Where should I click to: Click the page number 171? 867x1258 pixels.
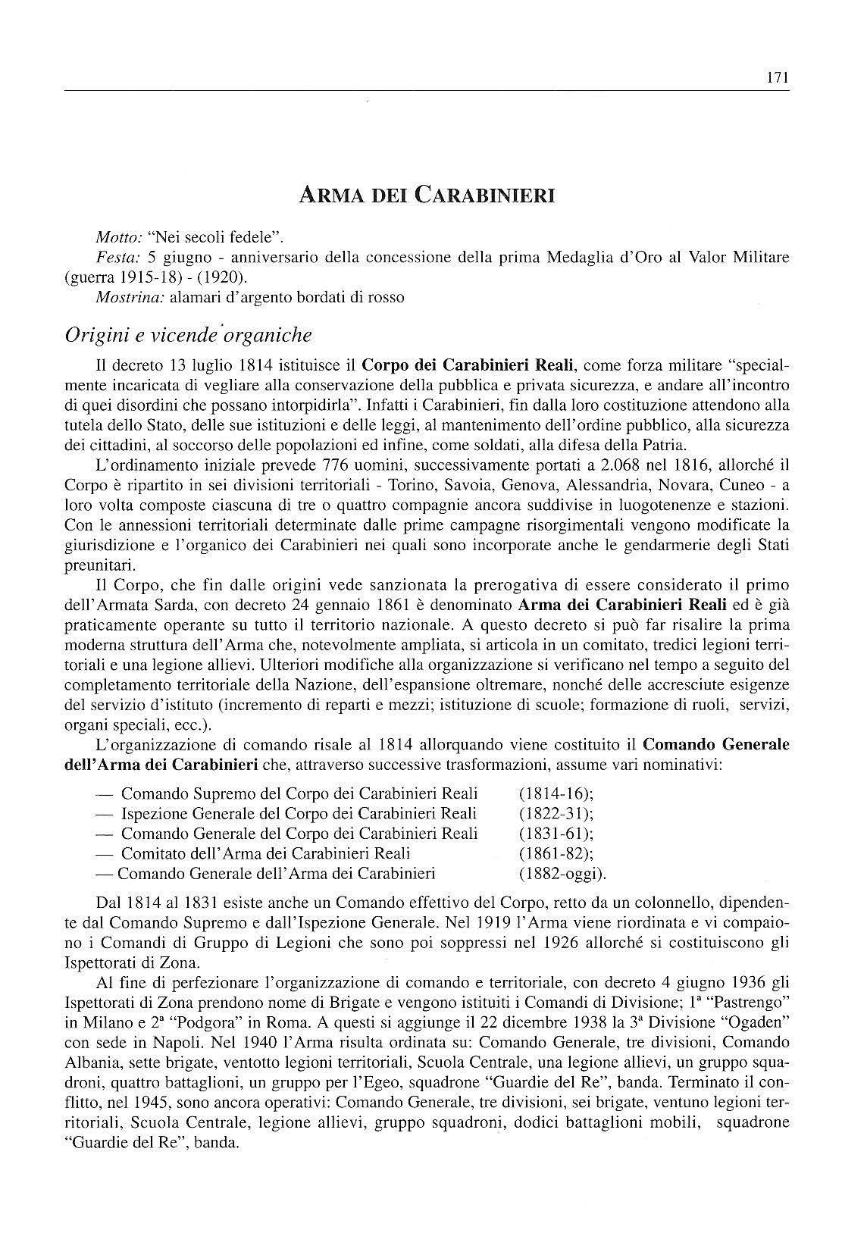click(778, 77)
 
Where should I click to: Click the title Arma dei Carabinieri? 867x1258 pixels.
click(427, 196)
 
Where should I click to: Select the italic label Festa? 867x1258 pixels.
click(115, 257)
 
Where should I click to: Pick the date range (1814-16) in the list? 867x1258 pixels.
click(556, 793)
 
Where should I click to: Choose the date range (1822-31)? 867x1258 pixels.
click(556, 813)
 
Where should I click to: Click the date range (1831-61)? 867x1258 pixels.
click(556, 833)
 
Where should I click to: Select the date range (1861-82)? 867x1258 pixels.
click(556, 853)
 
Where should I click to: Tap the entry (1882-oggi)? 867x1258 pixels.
click(562, 873)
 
